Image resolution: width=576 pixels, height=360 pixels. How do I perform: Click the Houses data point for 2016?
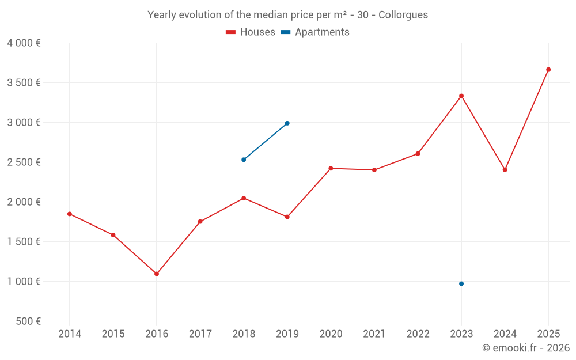157,274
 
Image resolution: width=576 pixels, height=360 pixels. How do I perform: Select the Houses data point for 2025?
548,70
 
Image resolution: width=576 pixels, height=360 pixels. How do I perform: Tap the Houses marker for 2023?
461,96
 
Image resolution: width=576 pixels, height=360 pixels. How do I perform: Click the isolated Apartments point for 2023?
461,283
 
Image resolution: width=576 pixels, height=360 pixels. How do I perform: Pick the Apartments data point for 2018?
244,160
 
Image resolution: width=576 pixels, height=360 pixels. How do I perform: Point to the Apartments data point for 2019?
287,123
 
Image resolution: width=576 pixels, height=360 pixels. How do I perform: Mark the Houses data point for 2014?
70,214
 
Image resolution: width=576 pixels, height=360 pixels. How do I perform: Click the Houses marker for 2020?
331,168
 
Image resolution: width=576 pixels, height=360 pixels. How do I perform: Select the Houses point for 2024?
505,170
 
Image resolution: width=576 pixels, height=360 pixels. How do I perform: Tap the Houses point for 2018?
244,198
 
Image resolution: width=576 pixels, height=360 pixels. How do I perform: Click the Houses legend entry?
251,32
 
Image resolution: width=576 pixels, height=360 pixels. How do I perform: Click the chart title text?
287,15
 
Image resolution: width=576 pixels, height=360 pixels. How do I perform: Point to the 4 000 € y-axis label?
24,43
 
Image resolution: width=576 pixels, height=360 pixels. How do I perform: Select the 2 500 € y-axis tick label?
24,162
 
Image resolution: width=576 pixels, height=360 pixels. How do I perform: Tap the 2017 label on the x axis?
200,334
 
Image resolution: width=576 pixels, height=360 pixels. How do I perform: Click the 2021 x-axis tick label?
374,334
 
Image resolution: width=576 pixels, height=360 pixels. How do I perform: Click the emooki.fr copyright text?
525,348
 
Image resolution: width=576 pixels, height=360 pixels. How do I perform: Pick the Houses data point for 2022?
418,154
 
